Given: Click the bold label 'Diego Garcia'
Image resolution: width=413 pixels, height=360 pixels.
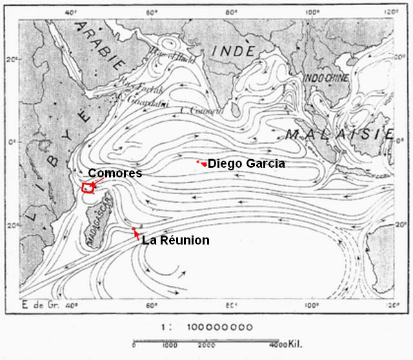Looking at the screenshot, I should pyautogui.click(x=247, y=164).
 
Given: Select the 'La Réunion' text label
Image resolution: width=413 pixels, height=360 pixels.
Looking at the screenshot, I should pyautogui.click(x=176, y=241).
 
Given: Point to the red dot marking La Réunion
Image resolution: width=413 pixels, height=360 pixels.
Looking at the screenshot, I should pyautogui.click(x=134, y=230).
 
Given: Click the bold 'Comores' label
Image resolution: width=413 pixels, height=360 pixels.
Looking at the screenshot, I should pyautogui.click(x=114, y=174).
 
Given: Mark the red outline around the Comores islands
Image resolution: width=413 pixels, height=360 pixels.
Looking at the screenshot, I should pyautogui.click(x=87, y=188).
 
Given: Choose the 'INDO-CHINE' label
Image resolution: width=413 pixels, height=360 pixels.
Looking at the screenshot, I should pyautogui.click(x=326, y=78).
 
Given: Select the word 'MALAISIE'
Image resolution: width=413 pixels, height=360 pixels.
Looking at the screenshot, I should pyautogui.click(x=339, y=134).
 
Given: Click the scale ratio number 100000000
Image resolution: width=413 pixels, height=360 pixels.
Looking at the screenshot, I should pyautogui.click(x=221, y=327).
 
